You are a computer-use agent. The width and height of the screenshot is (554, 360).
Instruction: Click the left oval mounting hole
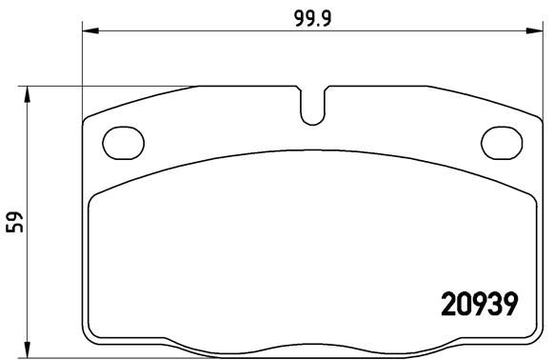click(x=122, y=143)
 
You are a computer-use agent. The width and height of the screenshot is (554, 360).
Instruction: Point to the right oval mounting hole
click(x=501, y=143)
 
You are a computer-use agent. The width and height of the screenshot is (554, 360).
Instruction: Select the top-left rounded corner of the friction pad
click(x=95, y=197)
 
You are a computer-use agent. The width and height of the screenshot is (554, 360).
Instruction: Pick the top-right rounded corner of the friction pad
click(x=527, y=197)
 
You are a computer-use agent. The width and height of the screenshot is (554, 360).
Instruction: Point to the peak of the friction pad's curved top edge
click(x=312, y=150)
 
